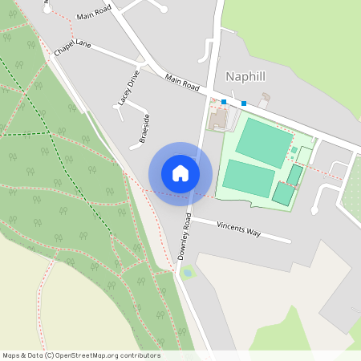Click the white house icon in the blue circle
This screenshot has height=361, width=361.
point(180,173)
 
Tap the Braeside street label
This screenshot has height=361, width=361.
point(144,128)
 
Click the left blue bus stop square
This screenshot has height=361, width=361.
point(224,102)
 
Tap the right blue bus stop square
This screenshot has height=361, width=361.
point(244,103)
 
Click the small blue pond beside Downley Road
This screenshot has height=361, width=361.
point(188,274)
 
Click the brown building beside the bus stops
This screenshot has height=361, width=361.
point(218,120)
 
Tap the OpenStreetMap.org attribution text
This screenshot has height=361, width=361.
point(116,355)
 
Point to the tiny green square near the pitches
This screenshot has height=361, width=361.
point(294,150)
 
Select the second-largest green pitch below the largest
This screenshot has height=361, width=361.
point(248,177)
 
